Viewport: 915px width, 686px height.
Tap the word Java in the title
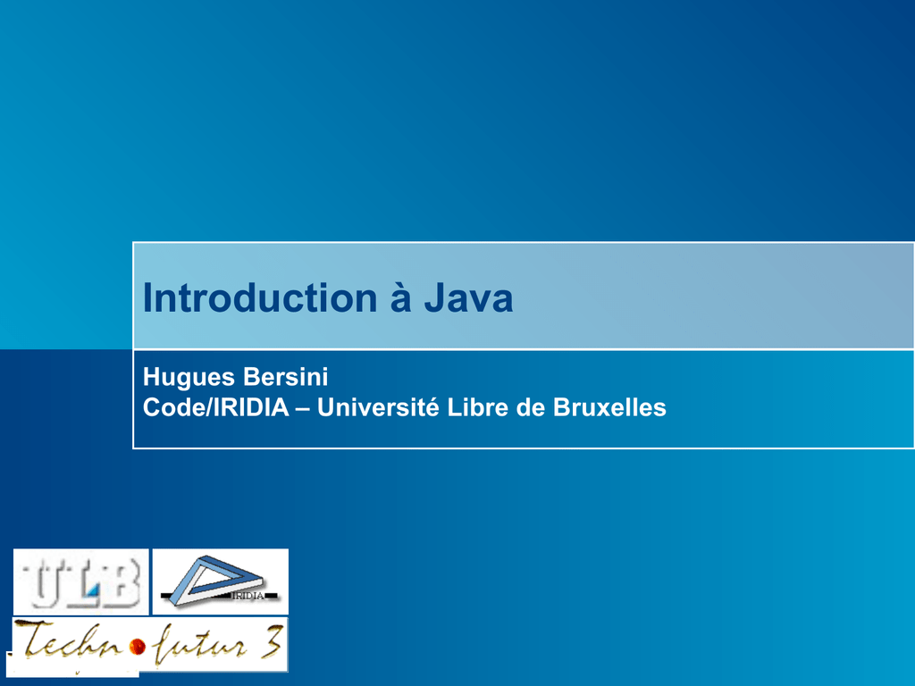pos(468,298)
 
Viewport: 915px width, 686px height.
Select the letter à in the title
pos(401,297)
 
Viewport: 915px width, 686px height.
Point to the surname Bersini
pos(285,377)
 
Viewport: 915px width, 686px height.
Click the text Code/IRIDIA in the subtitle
pos(216,407)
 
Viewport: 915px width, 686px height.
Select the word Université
pos(378,407)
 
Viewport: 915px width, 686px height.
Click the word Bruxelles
pos(609,407)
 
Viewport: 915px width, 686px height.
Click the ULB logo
pos(81,581)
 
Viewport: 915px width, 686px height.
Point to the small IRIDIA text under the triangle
pos(248,596)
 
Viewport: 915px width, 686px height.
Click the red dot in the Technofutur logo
pos(138,647)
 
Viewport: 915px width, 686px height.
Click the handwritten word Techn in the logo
pos(70,640)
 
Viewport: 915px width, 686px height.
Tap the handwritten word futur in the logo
pos(198,645)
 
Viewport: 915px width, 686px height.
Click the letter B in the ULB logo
pos(121,582)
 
